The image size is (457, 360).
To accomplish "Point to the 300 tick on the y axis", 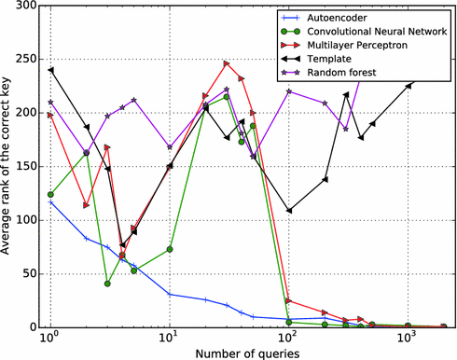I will click(28, 6).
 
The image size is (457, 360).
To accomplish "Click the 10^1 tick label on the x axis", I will click(169, 339).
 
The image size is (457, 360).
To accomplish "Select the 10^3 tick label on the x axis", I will click(407, 339).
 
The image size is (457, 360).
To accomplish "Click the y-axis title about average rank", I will click(8, 166).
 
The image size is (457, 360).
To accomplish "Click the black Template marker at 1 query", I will click(50, 70).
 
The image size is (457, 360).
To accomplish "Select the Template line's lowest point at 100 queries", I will click(289, 211).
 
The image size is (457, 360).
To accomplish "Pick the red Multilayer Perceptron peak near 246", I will click(227, 63).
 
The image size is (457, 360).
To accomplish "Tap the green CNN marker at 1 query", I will click(50, 194).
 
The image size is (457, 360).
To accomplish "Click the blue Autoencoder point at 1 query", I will click(50, 201).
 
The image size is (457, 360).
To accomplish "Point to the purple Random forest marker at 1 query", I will click(50, 102).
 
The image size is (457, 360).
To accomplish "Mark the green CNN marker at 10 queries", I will click(170, 249).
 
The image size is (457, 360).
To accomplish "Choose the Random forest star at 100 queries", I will click(289, 91).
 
